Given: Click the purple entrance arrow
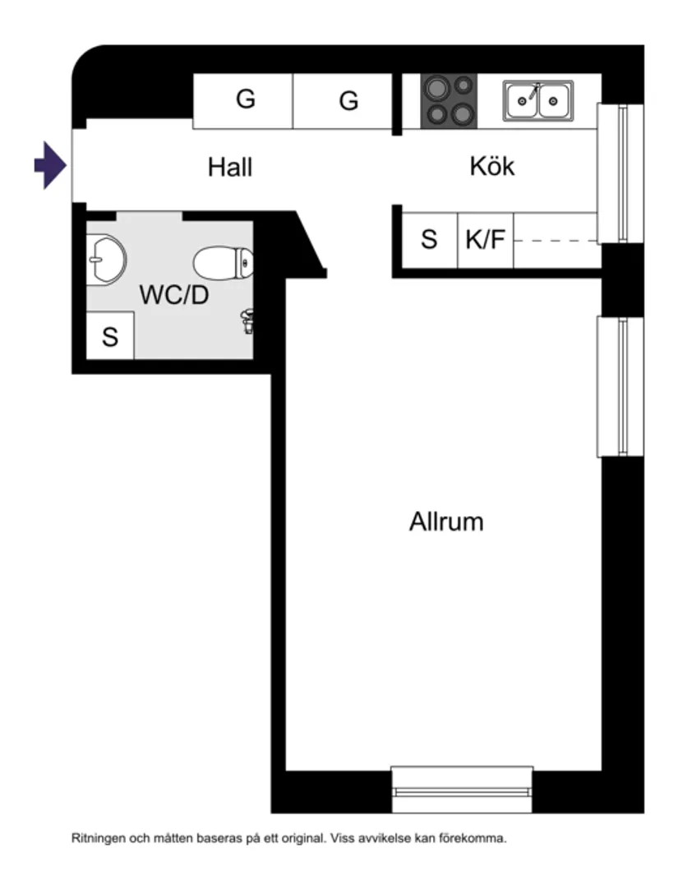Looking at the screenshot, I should click(49, 165).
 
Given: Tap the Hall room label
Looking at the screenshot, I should click(229, 168).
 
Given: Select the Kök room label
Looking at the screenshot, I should click(491, 167).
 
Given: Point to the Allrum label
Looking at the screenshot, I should click(445, 522).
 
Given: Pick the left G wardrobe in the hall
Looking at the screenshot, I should click(244, 100).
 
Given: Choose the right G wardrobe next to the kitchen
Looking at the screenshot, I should click(348, 101).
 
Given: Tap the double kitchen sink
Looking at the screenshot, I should click(537, 100).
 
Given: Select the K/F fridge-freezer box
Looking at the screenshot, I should click(485, 241).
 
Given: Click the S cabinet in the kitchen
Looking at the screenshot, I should click(428, 241).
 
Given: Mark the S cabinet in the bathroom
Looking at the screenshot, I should click(110, 336).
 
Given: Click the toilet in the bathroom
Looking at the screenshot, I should click(224, 263).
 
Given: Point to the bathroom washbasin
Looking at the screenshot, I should click(104, 258).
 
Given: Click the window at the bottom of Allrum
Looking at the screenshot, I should click(461, 790).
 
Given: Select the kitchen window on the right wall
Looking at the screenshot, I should click(620, 173).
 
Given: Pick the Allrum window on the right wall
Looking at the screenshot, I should click(620, 386).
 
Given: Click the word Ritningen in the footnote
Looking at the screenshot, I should click(97, 840).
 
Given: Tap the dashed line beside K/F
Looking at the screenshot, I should click(554, 241).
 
